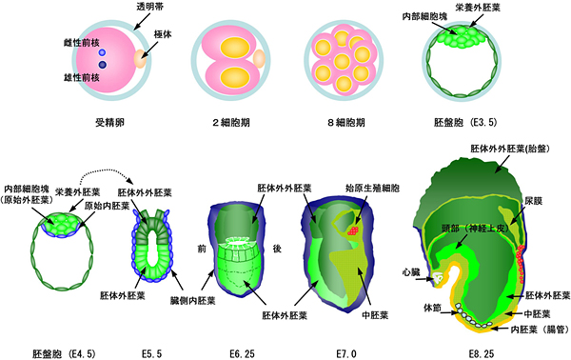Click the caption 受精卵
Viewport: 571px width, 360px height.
pos(112,123)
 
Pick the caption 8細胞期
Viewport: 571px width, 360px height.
pos(337,123)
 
